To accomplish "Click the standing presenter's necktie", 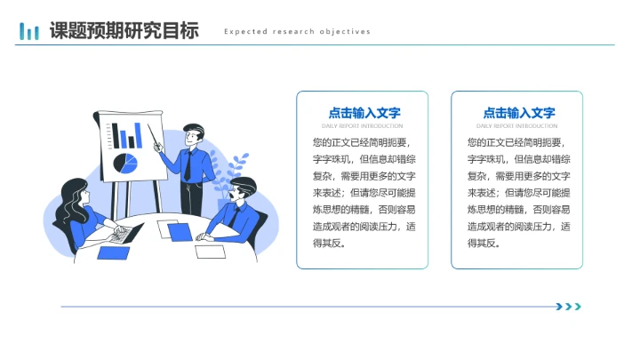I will click(188, 165).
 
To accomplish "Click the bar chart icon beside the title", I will click(29, 32).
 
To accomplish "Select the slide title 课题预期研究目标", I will click(124, 31).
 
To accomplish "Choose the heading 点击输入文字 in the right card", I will click(518, 113).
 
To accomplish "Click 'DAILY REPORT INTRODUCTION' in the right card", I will click(518, 126).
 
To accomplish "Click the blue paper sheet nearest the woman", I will click(114, 252).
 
